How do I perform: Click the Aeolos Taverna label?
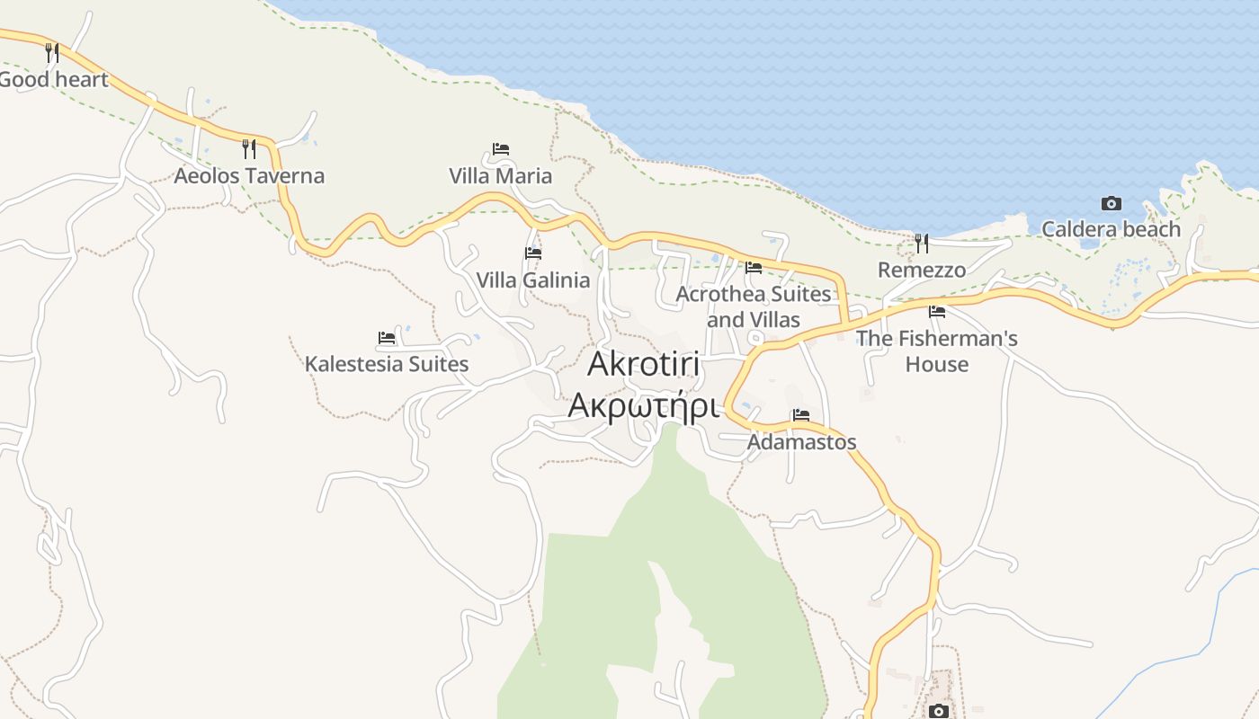(249, 175)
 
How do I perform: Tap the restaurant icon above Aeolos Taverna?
(249, 148)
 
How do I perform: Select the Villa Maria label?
(501, 175)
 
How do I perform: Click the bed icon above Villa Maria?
(501, 148)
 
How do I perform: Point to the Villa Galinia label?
(533, 280)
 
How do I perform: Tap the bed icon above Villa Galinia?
(533, 253)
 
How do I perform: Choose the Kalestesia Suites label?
(387, 364)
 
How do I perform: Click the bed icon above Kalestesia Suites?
(387, 338)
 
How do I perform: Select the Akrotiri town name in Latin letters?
(644, 364)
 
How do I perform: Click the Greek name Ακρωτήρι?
(644, 406)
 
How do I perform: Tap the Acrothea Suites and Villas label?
(754, 306)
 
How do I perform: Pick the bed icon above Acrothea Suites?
(754, 267)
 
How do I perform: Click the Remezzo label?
(922, 270)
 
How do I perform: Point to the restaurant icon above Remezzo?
(922, 243)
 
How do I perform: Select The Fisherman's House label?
(937, 351)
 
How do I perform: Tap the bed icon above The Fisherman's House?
(937, 312)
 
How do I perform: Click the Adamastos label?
(802, 442)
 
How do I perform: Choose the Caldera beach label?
(1111, 229)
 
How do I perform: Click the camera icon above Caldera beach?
(1112, 204)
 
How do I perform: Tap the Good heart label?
(54, 79)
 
